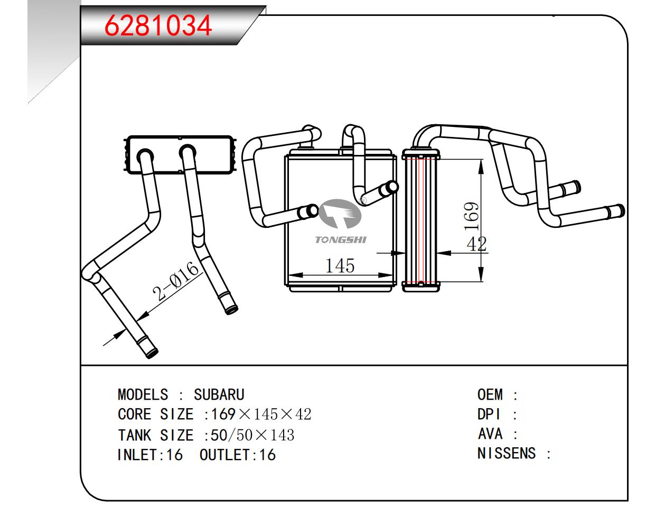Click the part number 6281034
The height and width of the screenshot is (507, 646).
click(x=158, y=25)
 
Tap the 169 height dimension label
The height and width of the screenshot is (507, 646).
click(x=472, y=216)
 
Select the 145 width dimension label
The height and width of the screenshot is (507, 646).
click(x=340, y=265)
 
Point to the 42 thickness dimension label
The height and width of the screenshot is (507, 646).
click(x=476, y=244)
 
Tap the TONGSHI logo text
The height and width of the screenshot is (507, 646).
click(x=341, y=240)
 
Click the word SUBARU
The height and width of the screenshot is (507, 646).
click(x=219, y=395)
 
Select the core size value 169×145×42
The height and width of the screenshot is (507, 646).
click(x=261, y=414)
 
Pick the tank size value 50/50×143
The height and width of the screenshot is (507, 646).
click(x=252, y=435)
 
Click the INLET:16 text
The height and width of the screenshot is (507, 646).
click(x=149, y=455)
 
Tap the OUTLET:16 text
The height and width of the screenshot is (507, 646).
click(x=237, y=455)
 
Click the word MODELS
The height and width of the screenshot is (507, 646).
click(x=143, y=395)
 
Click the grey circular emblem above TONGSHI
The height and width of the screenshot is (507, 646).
click(x=340, y=216)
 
